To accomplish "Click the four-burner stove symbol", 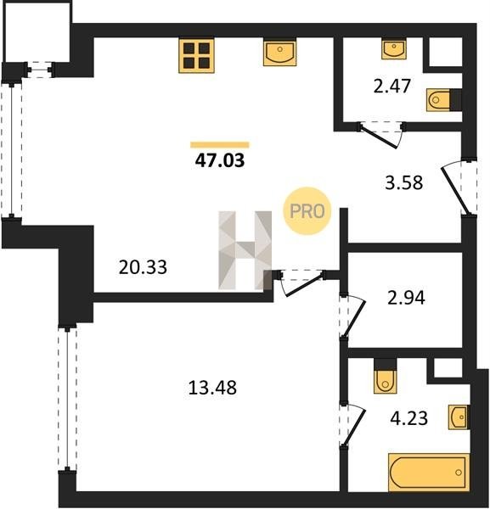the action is coord(196,55).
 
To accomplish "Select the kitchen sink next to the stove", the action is coord(279,53).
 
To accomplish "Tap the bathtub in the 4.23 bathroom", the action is coord(429,473).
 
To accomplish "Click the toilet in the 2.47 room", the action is coord(439,99).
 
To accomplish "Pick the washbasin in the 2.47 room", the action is coord(394,48).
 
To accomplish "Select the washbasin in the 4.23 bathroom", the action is coord(459,417).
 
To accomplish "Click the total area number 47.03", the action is coord(220,160).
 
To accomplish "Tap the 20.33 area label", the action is coord(143,267).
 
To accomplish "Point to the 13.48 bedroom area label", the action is coord(212,388).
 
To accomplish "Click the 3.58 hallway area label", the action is coord(404,182).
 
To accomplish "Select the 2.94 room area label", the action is coord(406,298).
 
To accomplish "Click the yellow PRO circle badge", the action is coord(307,211).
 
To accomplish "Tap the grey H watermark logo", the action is coord(245,250).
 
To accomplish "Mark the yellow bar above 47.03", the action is coord(220,145).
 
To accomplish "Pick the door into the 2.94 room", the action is coord(352,316).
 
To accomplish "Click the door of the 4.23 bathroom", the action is coord(352,425).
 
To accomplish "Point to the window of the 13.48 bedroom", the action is coord(67,399).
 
